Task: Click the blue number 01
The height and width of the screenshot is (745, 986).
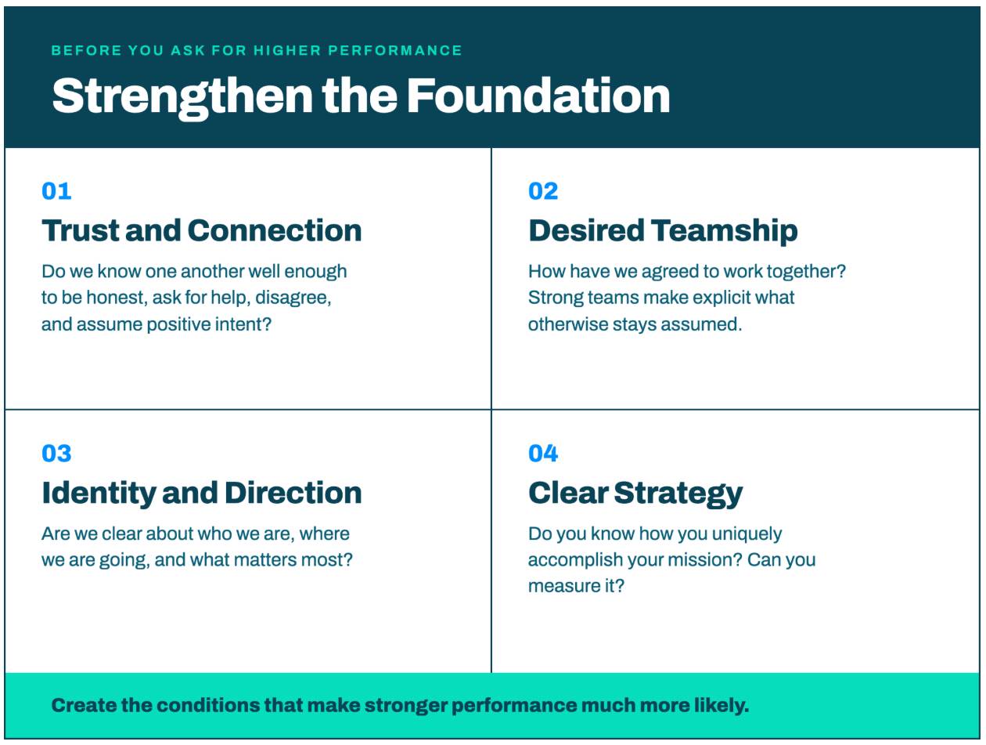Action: (56, 191)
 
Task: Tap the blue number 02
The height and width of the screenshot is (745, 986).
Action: (543, 191)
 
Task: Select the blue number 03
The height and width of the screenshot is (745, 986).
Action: (56, 454)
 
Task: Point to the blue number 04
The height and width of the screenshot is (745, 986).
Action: (543, 454)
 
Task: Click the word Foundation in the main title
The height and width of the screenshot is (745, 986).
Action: (538, 96)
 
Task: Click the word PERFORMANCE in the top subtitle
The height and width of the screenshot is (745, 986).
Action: (395, 50)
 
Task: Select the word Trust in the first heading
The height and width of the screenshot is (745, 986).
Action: (81, 230)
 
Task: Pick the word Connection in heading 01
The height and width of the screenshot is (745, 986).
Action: (275, 230)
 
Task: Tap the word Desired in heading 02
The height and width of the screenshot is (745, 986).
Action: (586, 230)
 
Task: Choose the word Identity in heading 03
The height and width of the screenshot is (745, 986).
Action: (99, 494)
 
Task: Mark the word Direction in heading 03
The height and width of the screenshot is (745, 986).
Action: (293, 493)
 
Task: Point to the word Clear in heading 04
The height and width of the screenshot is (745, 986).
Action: (568, 493)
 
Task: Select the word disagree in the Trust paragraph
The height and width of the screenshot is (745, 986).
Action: (293, 298)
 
